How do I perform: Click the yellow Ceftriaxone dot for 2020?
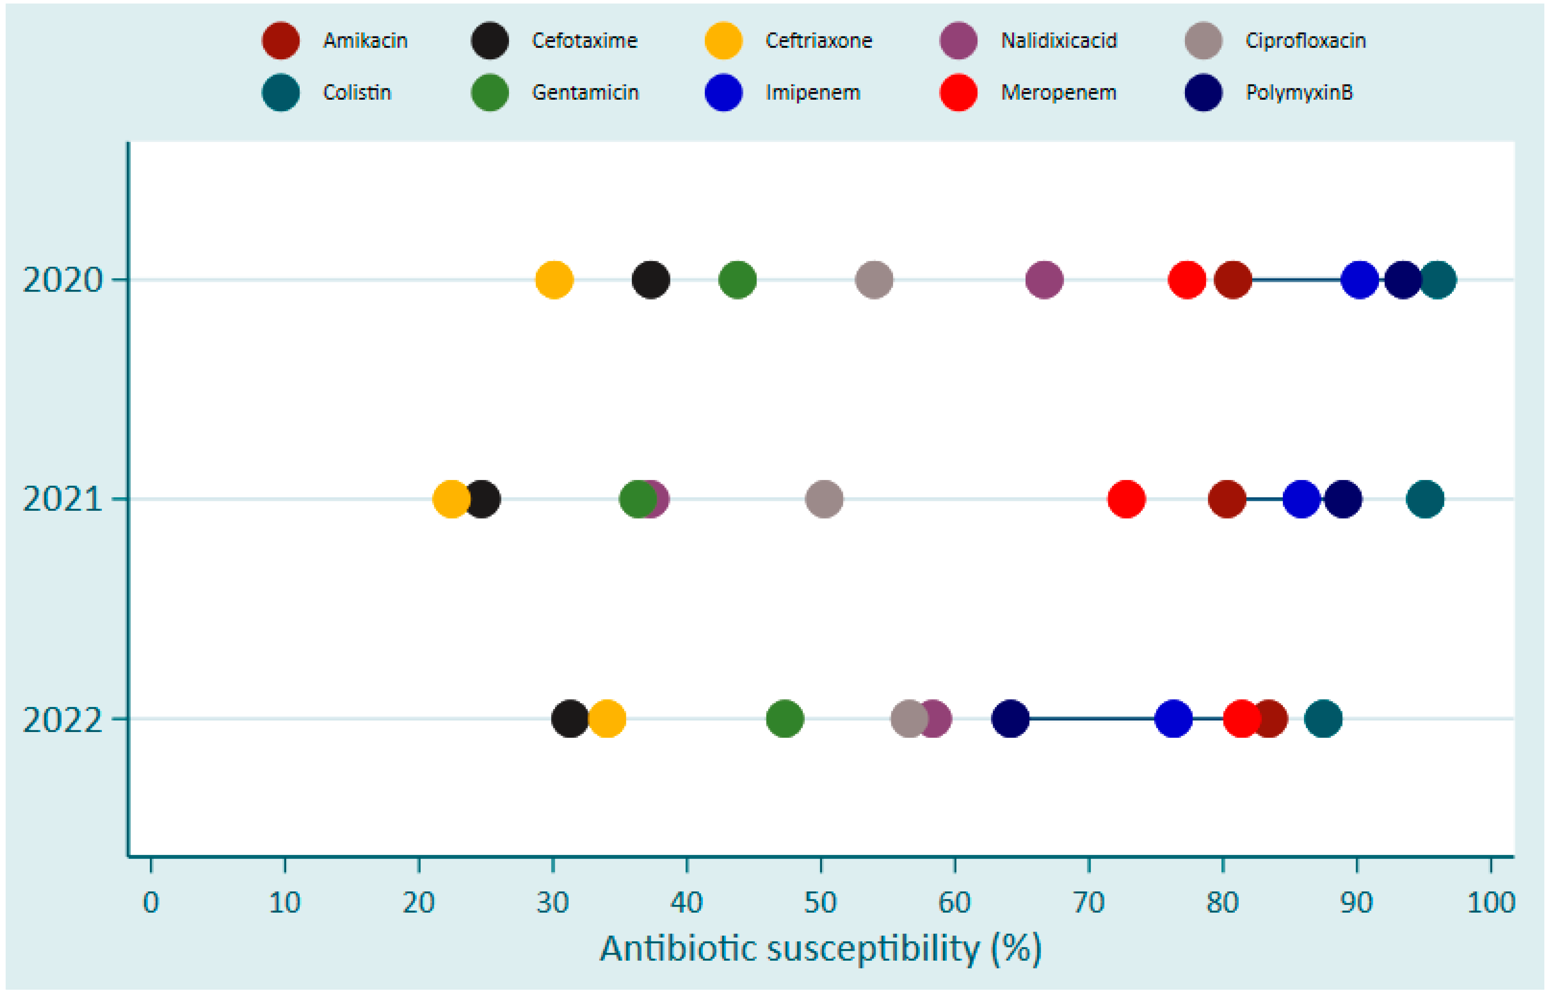(554, 280)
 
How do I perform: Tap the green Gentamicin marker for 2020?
(738, 280)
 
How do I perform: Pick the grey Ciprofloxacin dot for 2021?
(824, 499)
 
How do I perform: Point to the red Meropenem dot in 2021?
(1126, 499)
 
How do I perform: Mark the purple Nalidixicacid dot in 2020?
(1044, 280)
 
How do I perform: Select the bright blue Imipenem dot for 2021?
(1301, 499)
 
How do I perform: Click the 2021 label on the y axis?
(63, 499)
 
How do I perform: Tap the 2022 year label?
(63, 719)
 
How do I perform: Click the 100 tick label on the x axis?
(1491, 902)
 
